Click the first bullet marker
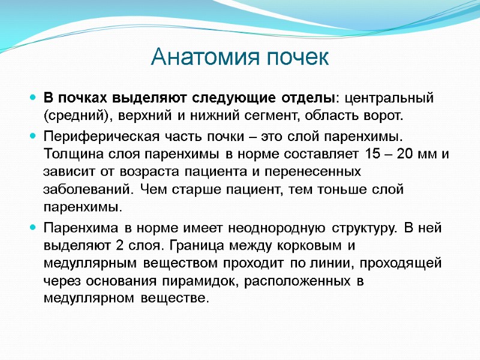point(32,97)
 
